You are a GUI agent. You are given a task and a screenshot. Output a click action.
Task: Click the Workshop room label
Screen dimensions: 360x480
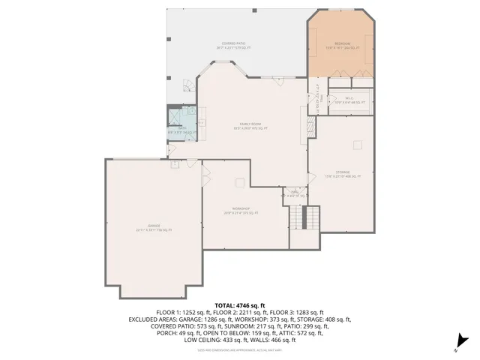tap(240, 211)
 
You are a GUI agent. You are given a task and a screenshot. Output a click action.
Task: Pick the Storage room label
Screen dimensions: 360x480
tap(343, 174)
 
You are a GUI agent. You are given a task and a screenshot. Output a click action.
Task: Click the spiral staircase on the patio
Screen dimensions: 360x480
tap(184, 89)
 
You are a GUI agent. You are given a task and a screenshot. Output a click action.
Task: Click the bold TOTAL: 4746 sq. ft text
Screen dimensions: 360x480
tap(240, 305)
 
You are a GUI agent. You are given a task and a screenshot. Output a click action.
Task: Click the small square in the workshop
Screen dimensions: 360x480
tap(239, 181)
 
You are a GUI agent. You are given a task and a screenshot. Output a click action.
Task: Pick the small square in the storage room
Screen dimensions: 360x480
tap(358, 142)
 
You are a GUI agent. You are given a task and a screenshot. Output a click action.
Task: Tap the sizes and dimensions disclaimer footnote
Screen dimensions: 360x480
tap(240, 349)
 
